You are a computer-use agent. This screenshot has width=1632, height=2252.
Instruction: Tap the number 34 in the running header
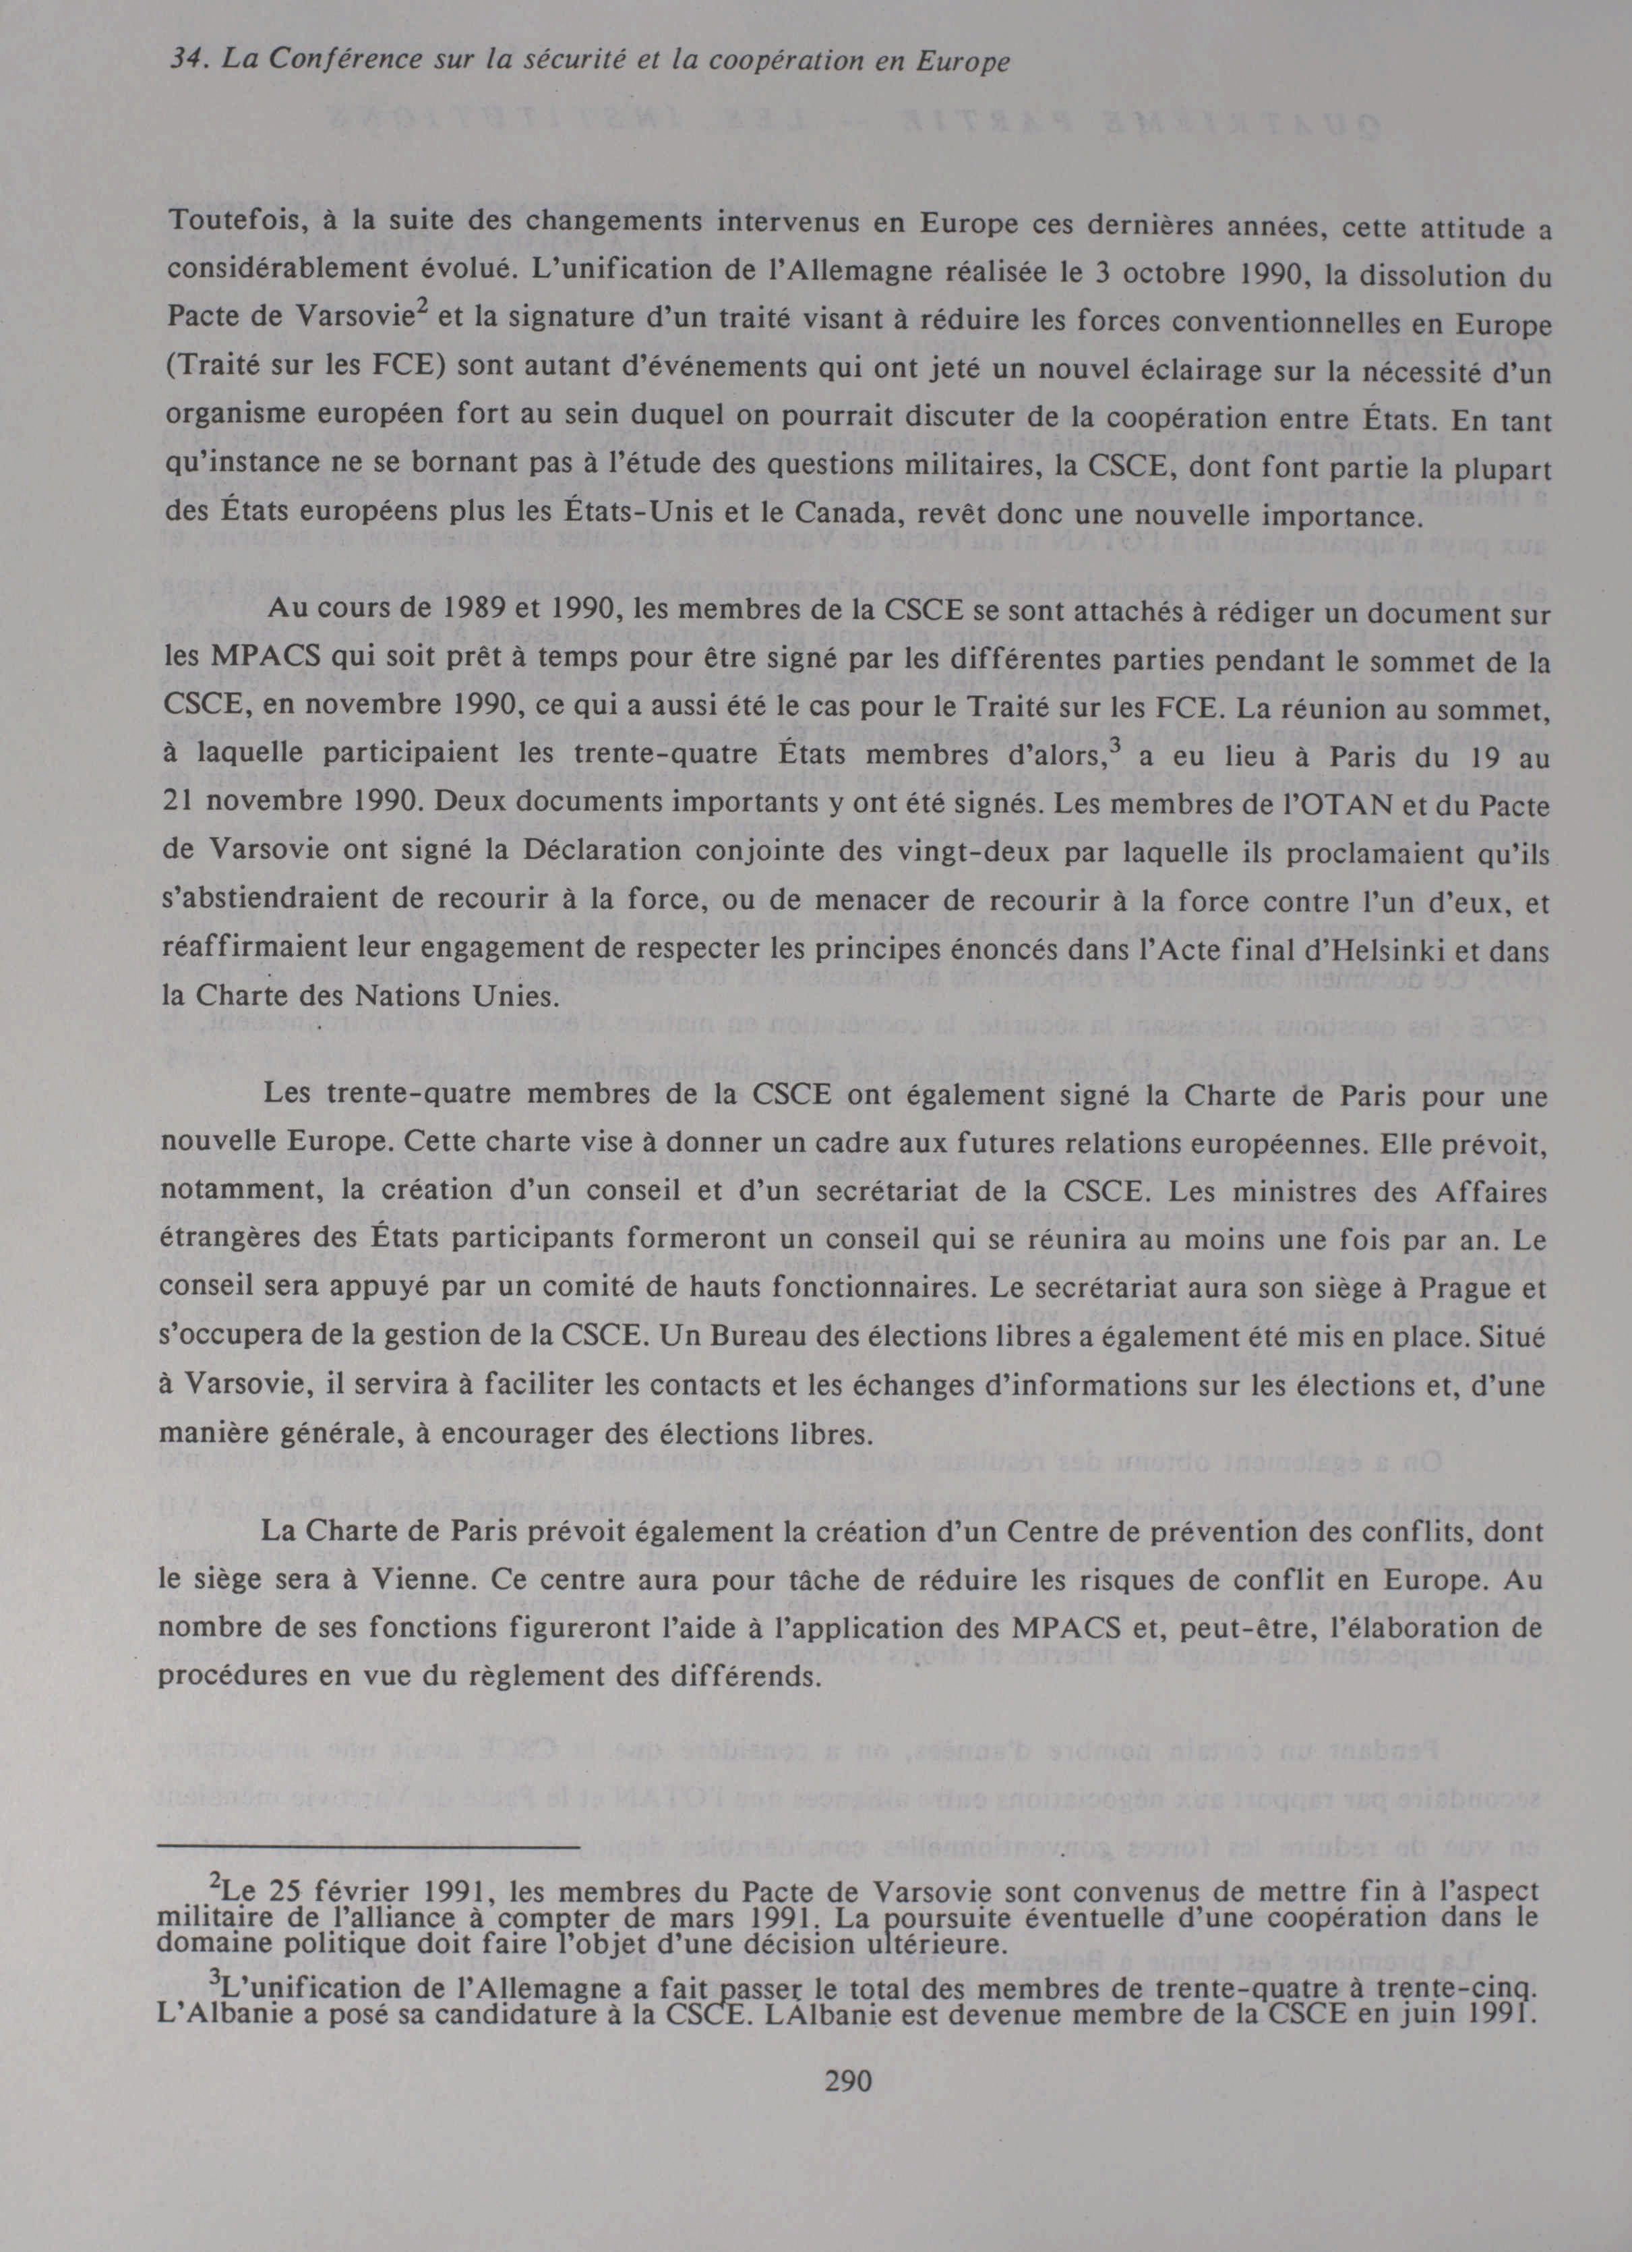[x=185, y=61]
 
